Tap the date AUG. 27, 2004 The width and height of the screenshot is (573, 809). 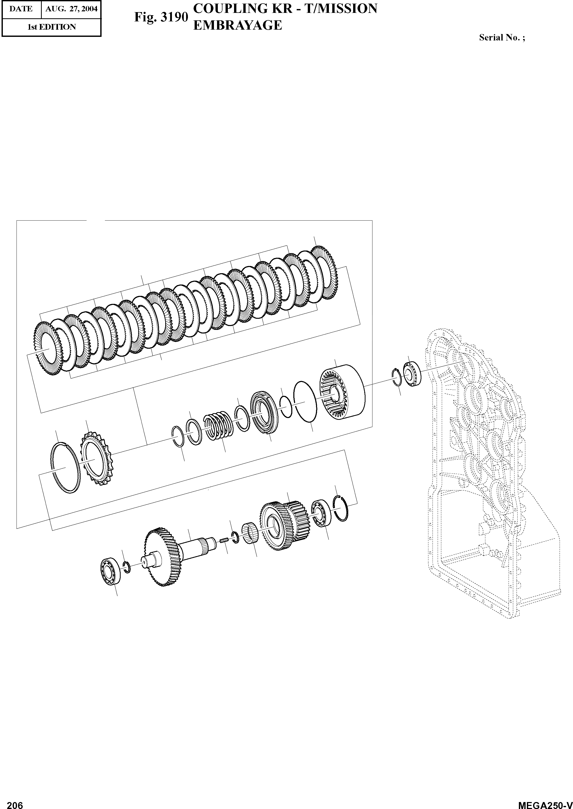71,9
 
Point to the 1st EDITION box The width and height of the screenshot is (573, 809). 52,27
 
